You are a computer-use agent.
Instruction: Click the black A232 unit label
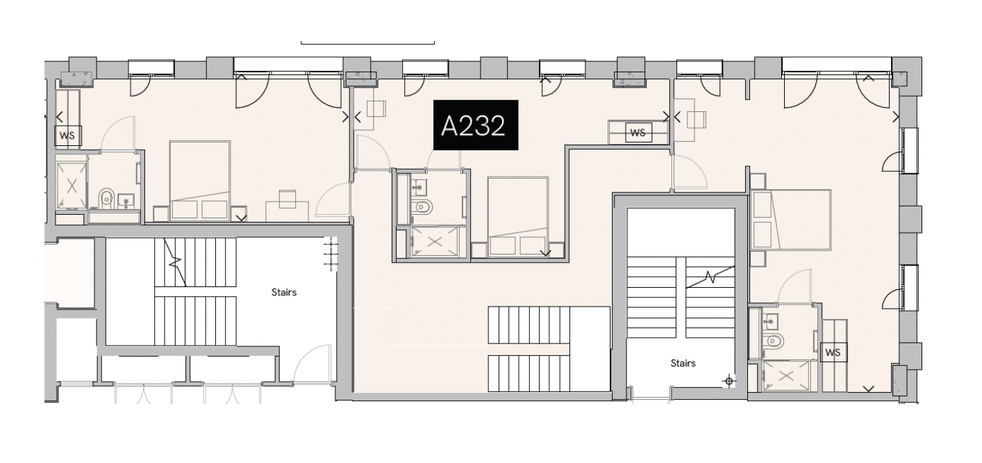(476, 125)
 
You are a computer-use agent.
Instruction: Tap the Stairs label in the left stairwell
(283, 292)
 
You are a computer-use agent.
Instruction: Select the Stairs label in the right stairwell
(683, 363)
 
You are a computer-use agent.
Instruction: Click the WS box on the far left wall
(68, 136)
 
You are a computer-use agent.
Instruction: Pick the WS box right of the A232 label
(638, 132)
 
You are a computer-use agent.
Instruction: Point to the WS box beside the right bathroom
(833, 352)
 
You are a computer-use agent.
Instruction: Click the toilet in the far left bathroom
(106, 199)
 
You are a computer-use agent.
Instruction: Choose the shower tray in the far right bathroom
(787, 376)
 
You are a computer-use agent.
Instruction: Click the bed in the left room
(200, 181)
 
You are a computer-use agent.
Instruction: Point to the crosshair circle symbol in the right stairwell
(729, 380)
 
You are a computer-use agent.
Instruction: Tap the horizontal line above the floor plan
(367, 44)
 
